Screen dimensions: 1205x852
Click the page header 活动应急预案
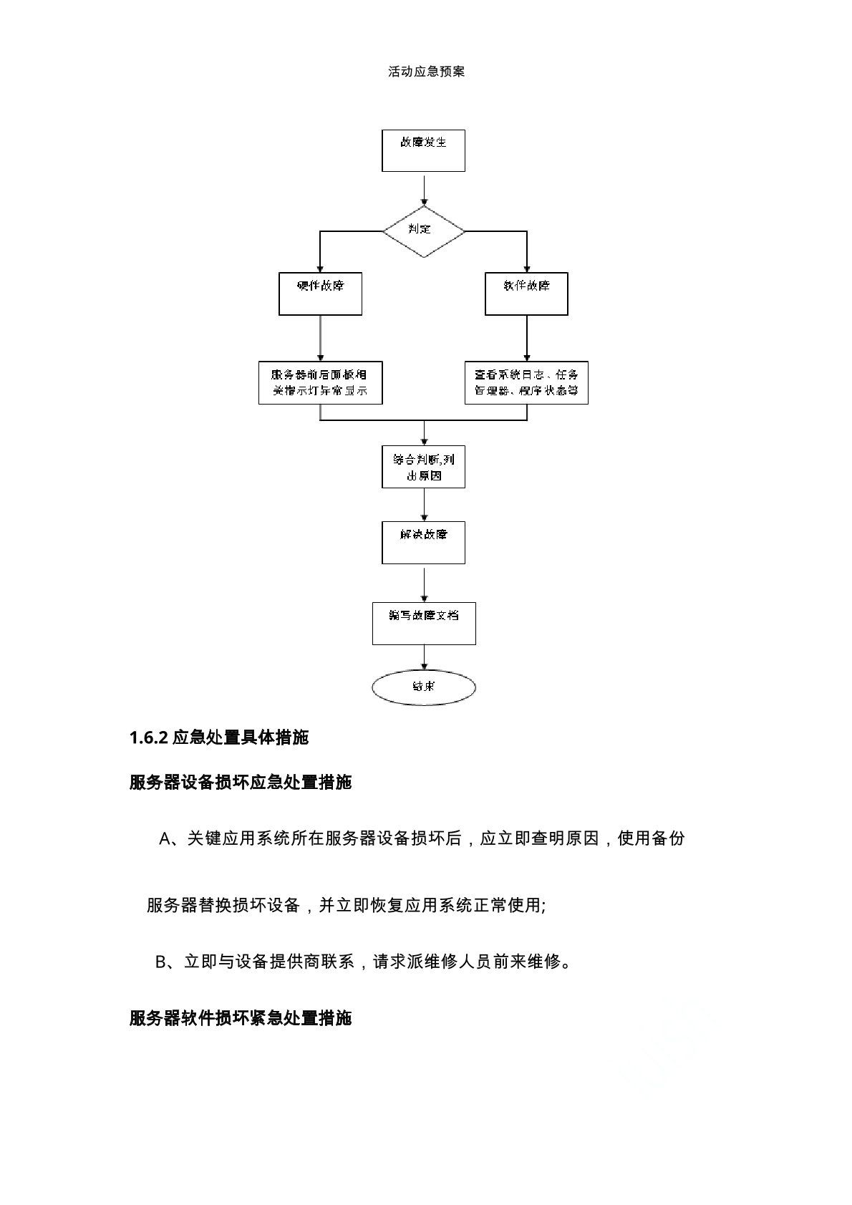(x=426, y=72)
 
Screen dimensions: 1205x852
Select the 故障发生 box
(x=423, y=150)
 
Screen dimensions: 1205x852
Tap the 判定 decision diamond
(x=424, y=231)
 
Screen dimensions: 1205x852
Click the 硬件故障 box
(x=320, y=294)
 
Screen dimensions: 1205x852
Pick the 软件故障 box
(x=526, y=294)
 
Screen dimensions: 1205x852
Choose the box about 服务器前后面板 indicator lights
(x=320, y=383)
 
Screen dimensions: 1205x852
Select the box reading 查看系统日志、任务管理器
(x=526, y=383)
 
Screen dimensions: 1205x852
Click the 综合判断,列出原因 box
(x=423, y=467)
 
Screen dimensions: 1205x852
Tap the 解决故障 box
(x=423, y=543)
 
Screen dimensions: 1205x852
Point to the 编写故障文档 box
(x=424, y=624)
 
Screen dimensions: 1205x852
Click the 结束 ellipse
(x=424, y=687)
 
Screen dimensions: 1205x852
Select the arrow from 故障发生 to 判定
(x=424, y=189)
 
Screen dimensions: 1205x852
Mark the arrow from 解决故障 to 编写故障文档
(x=424, y=584)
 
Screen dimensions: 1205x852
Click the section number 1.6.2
(x=148, y=737)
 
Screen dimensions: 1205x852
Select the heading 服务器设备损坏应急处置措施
(x=241, y=782)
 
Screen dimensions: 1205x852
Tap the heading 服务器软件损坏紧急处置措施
(x=241, y=1017)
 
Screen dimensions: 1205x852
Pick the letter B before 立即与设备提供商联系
(x=161, y=962)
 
